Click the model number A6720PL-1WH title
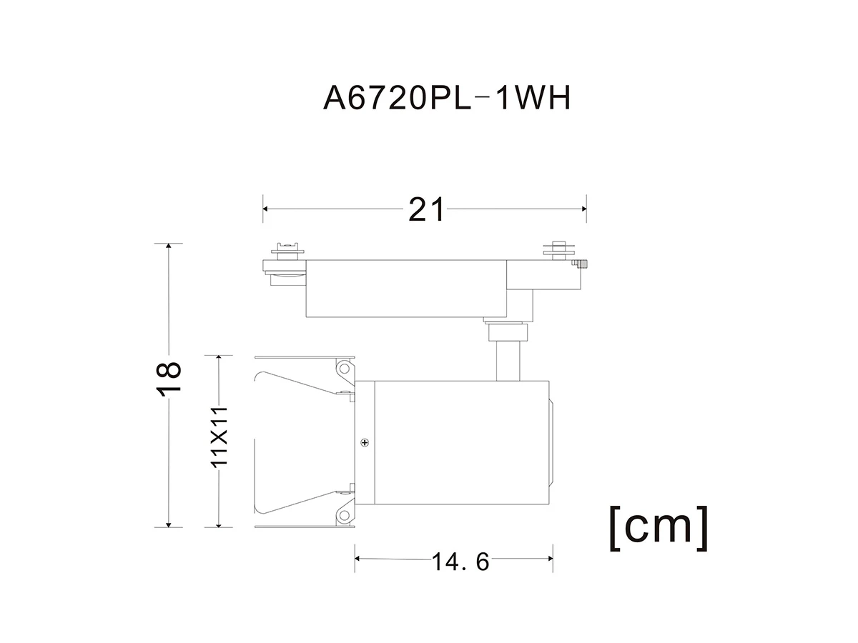(x=447, y=99)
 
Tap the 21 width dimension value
(x=426, y=209)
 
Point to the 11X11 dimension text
(x=219, y=436)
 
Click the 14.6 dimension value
(x=460, y=562)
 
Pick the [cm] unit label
(x=659, y=528)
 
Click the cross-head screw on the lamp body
(x=365, y=442)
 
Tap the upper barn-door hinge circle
(x=344, y=368)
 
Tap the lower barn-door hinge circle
(x=344, y=515)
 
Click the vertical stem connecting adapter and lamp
(x=508, y=361)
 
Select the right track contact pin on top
(x=559, y=251)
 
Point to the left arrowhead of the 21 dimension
(x=265, y=209)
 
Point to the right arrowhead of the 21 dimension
(x=584, y=209)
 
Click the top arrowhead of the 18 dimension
(x=169, y=246)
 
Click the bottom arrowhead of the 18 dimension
(x=169, y=524)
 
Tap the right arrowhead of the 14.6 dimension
(x=551, y=558)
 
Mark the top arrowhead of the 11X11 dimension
(x=219, y=359)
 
